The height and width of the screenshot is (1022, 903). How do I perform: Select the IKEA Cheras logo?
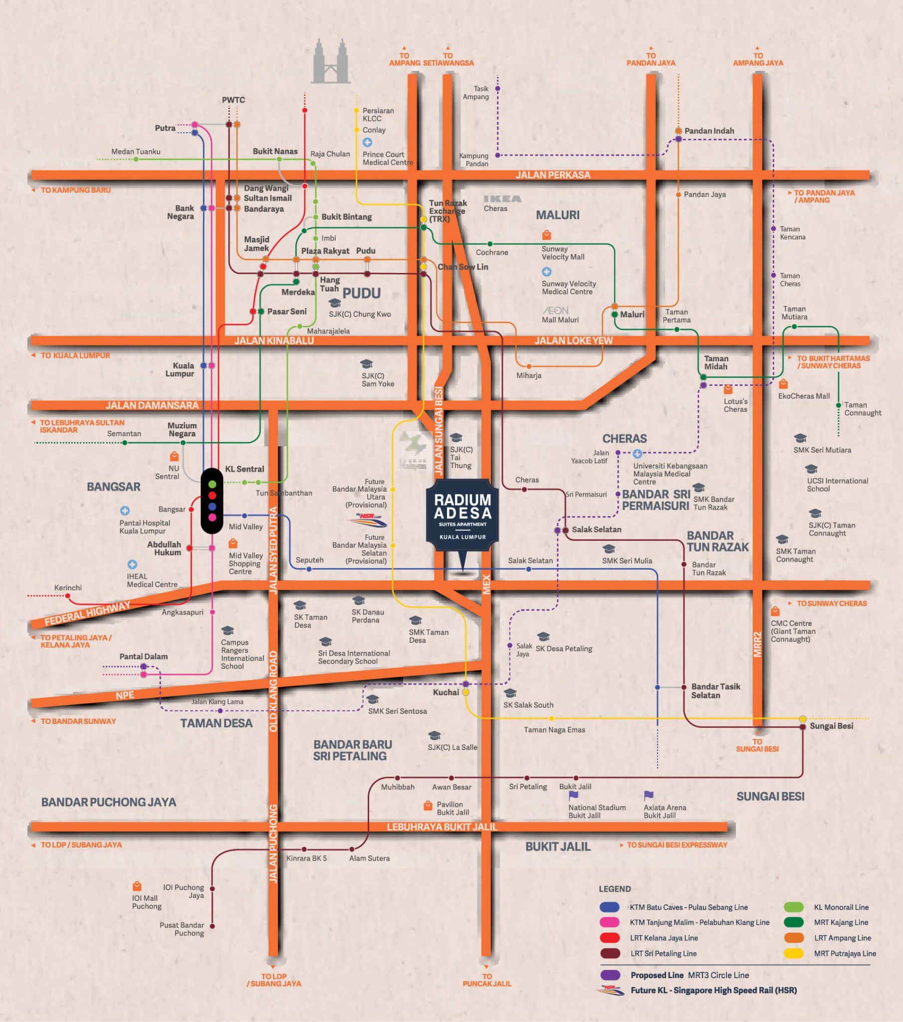coord(502,199)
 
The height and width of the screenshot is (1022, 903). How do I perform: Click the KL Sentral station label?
coord(244,469)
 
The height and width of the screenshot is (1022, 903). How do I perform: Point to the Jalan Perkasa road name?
coord(552,175)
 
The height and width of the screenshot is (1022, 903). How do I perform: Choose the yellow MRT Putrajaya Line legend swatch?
coord(794,954)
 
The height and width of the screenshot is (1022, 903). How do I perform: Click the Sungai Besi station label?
coord(831,726)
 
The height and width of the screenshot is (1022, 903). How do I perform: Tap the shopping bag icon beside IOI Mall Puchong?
coord(137,886)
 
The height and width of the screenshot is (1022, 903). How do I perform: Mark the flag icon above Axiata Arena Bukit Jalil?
coord(649,795)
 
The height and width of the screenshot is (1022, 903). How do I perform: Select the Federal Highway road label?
coord(87,613)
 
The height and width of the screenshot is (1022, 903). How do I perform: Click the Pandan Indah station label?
coord(709,131)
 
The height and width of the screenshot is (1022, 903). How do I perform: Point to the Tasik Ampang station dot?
coord(497,88)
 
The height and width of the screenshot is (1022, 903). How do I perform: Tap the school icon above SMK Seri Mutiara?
coord(800,439)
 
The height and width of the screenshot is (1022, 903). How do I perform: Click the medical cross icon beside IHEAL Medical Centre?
coord(132,564)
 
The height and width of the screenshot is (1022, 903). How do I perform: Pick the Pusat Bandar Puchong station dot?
coord(212,926)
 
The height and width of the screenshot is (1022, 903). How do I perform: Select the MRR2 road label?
coord(757,645)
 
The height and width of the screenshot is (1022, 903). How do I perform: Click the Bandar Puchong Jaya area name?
coord(108,802)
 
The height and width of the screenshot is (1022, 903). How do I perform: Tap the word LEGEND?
coord(615,888)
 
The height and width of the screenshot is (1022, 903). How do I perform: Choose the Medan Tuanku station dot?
coord(136,159)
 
